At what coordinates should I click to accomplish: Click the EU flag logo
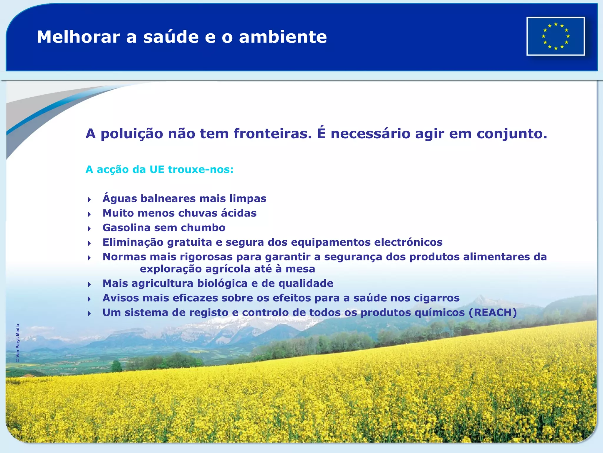click(x=555, y=36)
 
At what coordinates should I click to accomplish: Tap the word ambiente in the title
click(x=283, y=37)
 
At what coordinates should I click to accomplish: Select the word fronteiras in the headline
click(x=272, y=134)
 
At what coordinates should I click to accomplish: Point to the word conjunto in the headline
click(x=512, y=134)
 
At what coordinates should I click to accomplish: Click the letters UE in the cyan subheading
click(x=157, y=170)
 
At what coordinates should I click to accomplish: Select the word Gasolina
click(x=126, y=228)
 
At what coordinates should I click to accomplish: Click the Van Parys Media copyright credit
click(x=18, y=343)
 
